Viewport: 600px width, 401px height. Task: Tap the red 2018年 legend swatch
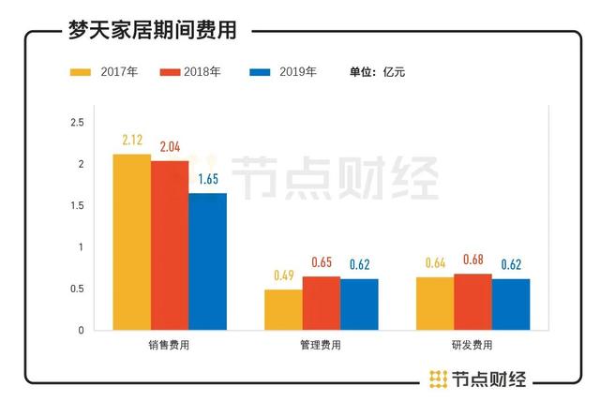point(171,71)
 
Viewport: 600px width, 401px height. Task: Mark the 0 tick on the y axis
point(82,331)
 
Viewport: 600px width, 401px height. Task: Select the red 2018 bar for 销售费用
point(170,245)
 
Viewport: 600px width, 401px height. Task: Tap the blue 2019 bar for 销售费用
point(207,261)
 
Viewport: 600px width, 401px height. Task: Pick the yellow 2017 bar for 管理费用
point(283,309)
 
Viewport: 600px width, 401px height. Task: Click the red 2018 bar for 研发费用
point(472,302)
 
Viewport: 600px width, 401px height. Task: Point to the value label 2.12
point(132,141)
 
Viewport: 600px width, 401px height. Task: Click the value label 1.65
point(208,179)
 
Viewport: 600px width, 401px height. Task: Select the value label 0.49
point(282,276)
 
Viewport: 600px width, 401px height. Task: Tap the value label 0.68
point(473,260)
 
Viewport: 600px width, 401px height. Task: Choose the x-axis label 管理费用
point(321,346)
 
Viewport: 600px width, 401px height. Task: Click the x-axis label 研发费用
point(472,346)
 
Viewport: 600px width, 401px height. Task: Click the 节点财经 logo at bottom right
point(477,379)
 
